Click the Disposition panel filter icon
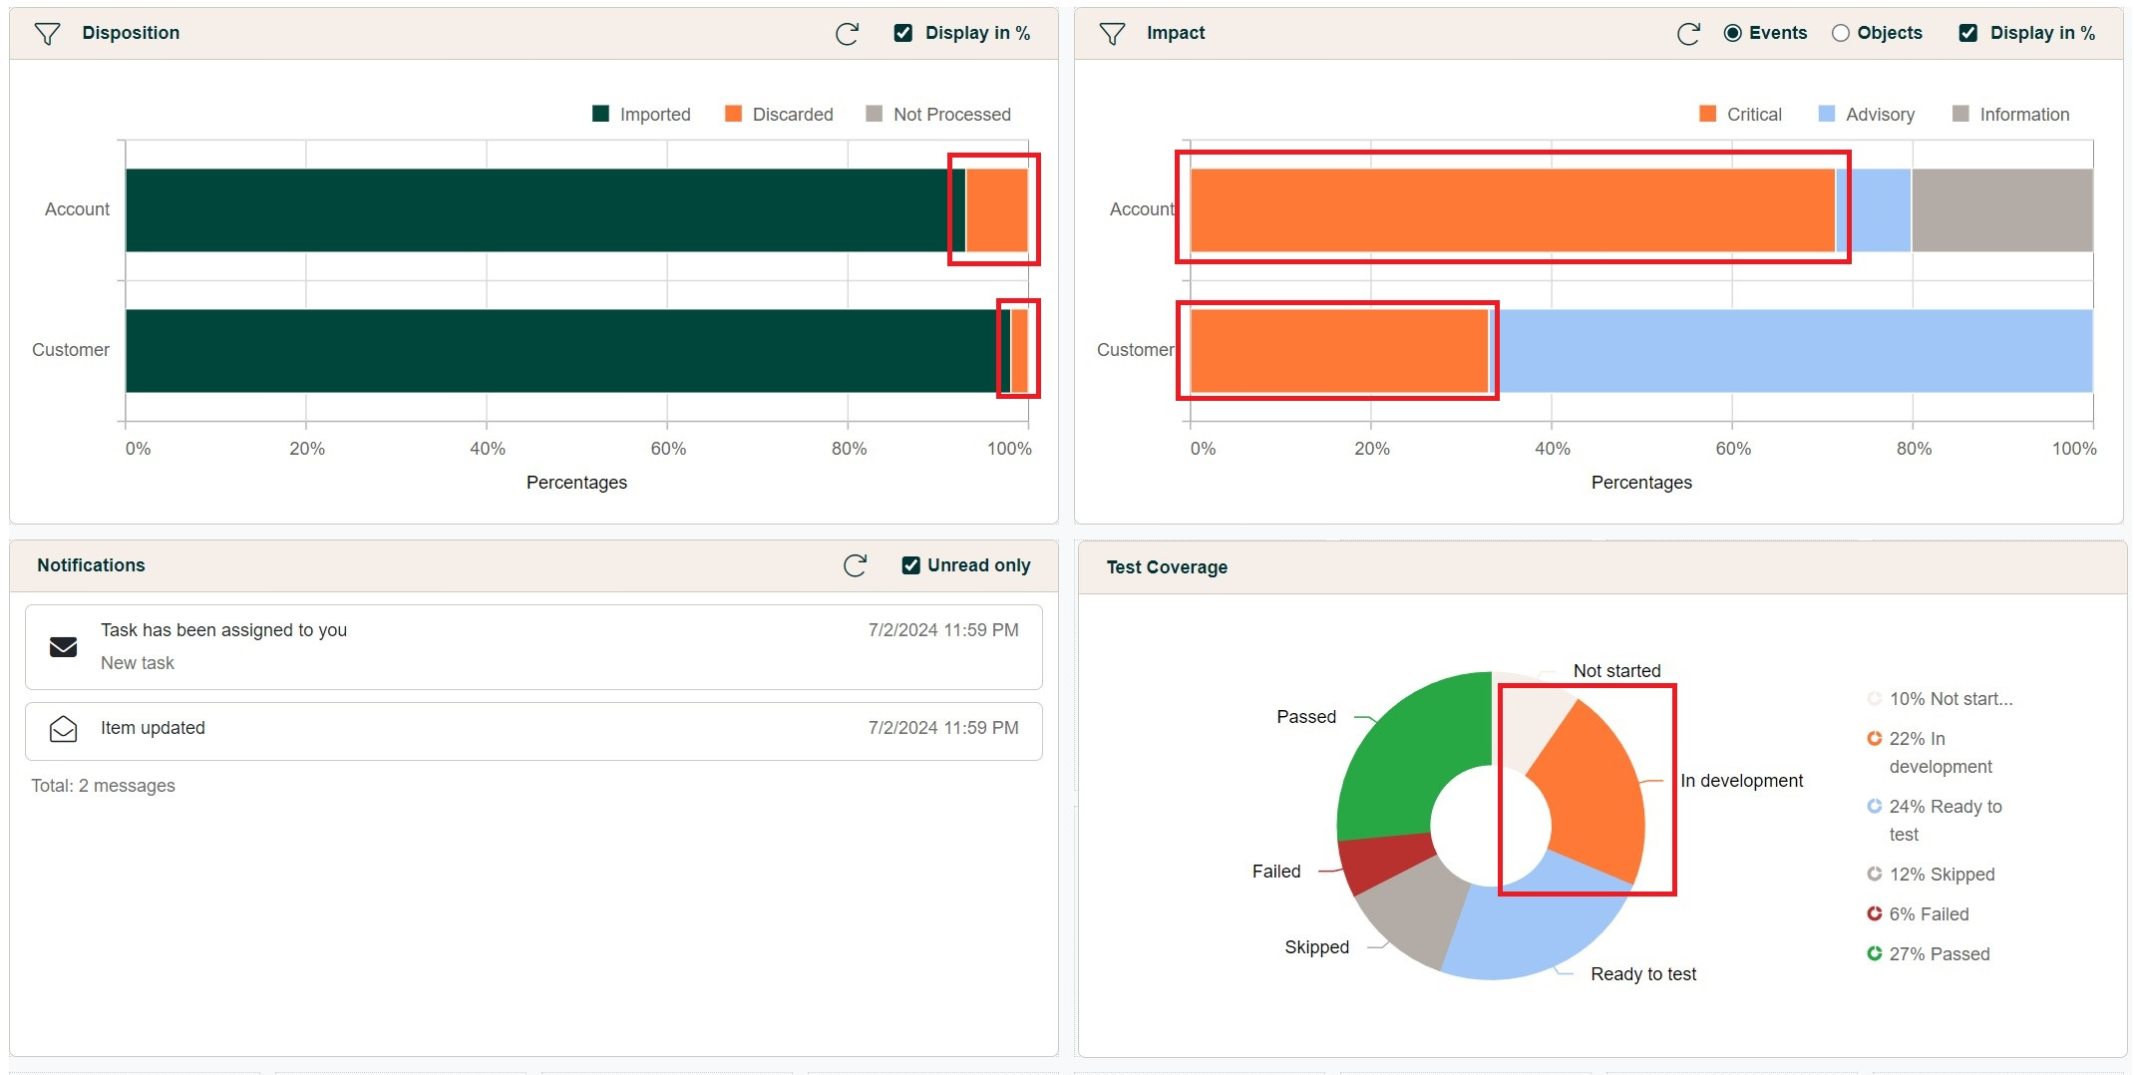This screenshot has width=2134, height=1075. (x=47, y=34)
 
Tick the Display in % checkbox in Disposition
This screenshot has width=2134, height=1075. (x=903, y=33)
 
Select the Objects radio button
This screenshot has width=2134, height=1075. (x=1841, y=33)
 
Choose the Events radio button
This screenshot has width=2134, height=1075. (x=1733, y=33)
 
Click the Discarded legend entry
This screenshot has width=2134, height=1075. (x=779, y=115)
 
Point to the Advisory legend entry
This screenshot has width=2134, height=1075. (x=1866, y=115)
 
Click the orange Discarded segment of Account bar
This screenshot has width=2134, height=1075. (x=996, y=210)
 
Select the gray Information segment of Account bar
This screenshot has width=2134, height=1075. (x=2001, y=210)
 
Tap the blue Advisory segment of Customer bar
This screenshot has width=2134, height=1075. (x=1795, y=351)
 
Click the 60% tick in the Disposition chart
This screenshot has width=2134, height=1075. (x=668, y=449)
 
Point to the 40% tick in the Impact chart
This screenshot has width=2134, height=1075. (x=1552, y=449)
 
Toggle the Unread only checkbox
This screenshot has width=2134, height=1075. (x=911, y=565)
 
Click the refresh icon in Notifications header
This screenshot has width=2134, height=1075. (x=855, y=565)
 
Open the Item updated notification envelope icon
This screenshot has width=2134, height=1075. (x=63, y=729)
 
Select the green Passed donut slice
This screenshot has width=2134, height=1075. (x=1406, y=758)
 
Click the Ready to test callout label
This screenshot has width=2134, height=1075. (x=1642, y=974)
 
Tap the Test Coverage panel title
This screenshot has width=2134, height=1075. (x=1167, y=567)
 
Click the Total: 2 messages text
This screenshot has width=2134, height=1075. (x=103, y=786)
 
